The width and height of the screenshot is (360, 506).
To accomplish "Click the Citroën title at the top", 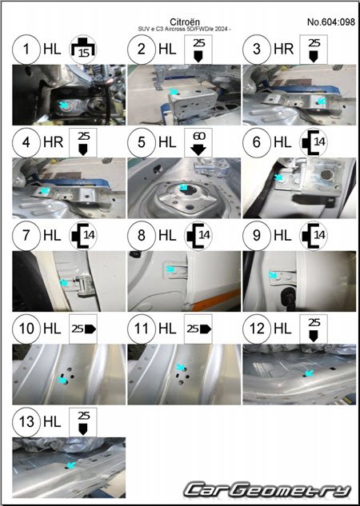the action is [x=184, y=22].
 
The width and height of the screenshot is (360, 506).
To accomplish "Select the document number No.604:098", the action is [x=331, y=22].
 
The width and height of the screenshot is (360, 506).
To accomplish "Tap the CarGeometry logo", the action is [x=267, y=489].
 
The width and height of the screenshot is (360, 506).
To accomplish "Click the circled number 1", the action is [x=26, y=50].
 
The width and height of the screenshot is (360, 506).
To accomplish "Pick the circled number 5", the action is [x=142, y=142].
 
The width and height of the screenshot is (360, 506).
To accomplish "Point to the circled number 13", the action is [x=26, y=421].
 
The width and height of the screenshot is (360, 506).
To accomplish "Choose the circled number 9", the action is [x=257, y=235].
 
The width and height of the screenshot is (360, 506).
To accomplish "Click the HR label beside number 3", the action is [x=283, y=50].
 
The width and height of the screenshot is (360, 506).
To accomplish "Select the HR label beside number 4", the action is [x=53, y=142].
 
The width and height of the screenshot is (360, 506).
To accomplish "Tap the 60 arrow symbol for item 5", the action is [x=198, y=142].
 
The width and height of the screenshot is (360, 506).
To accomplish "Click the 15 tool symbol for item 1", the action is [x=84, y=50].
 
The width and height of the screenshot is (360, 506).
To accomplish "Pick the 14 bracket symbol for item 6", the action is [x=314, y=142].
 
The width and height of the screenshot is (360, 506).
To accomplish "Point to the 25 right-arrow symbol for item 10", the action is [x=83, y=329].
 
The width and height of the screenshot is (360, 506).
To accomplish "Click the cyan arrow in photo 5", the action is [x=183, y=188].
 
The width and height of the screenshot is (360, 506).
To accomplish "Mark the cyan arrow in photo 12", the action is [x=309, y=373].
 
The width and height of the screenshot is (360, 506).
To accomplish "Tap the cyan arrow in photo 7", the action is [x=64, y=283].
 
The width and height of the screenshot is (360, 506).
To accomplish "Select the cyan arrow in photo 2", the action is [x=174, y=92].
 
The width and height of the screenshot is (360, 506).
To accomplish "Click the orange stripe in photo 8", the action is [x=217, y=300].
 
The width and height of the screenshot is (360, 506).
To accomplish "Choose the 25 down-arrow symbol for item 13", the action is [x=83, y=422].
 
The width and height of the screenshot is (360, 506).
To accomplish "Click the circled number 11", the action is [x=142, y=329].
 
